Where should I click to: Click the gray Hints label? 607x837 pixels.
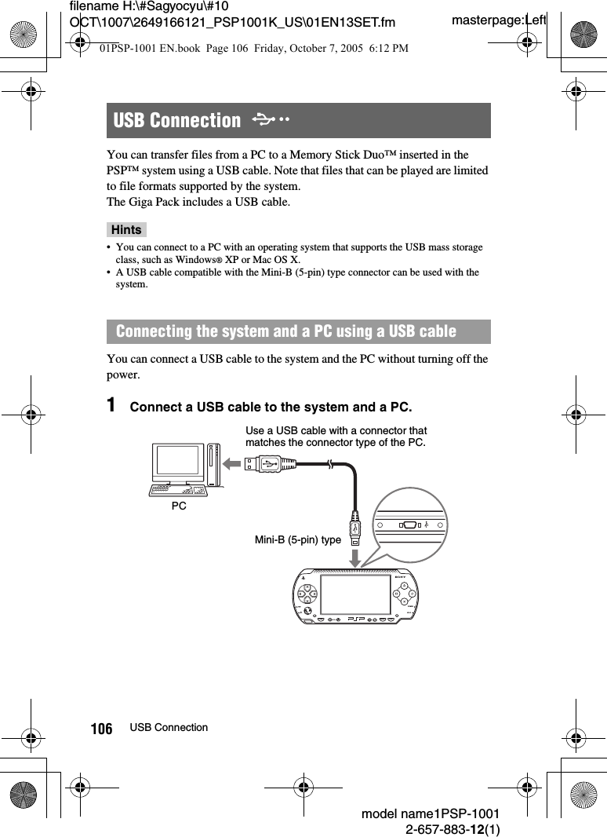click(126, 230)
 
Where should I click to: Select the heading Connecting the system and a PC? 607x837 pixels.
click(285, 331)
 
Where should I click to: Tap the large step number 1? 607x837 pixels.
click(112, 406)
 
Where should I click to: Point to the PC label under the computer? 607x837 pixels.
click(179, 506)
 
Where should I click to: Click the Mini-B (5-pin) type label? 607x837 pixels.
click(298, 539)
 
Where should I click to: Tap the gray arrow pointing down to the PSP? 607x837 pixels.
click(355, 557)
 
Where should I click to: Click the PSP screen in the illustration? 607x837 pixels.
click(355, 597)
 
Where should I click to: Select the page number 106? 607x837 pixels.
click(101, 729)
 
